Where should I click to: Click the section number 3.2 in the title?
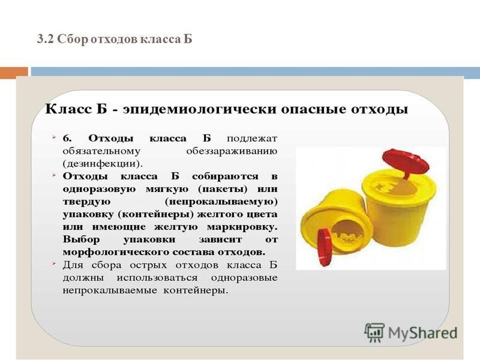point(46,40)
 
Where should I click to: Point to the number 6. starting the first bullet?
point(67,139)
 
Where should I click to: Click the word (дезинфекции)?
point(103,164)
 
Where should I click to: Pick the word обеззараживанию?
point(232,151)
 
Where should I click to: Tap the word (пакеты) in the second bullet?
point(223,189)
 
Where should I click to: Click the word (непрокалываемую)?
point(221,202)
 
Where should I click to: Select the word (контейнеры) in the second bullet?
point(156,214)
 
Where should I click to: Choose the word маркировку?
point(242,227)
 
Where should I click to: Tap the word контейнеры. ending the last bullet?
point(196,290)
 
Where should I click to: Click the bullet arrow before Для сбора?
point(54,263)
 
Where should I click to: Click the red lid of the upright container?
point(406,161)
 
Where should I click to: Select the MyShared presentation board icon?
point(374,332)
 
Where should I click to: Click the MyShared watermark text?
point(422,333)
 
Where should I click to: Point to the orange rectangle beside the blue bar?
point(14,73)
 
